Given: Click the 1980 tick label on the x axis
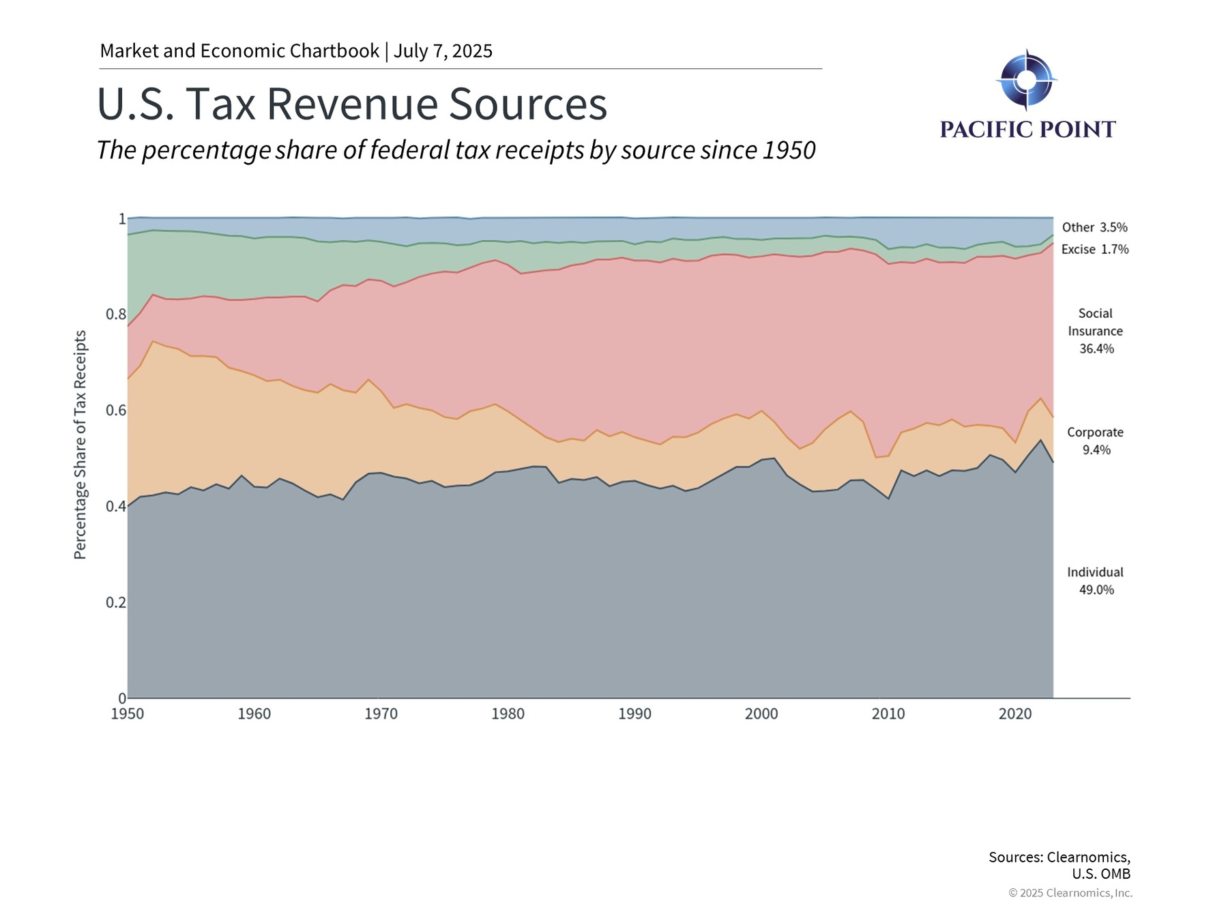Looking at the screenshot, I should pos(508,714).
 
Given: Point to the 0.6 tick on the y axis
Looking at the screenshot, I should pos(116,411).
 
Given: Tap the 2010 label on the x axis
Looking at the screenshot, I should pos(888,714).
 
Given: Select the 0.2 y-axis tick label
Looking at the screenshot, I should pos(116,602).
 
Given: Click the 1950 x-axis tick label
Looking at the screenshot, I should pos(128,714).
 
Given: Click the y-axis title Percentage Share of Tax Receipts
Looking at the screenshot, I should pos(81,445).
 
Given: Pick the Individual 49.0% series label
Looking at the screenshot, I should pos(1096,581).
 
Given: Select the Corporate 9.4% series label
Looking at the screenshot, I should pos(1096,441).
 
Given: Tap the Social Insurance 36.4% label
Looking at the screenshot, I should pos(1096,331).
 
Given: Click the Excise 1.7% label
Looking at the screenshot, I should pos(1094,250).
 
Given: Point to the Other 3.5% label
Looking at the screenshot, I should pos(1094,227).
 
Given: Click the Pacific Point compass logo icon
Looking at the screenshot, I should pos(1026,80).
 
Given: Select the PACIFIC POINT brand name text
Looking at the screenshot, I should pos(1027,129).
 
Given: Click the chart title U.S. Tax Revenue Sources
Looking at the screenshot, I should pos(352,104).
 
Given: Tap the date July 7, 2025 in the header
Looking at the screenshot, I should pos(443,51).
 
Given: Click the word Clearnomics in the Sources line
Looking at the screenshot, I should pos(1087,857).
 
